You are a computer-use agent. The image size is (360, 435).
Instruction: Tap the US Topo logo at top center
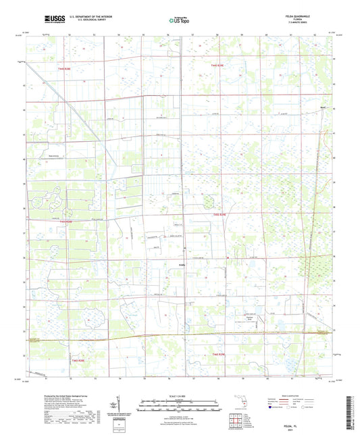(x=179, y=21)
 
